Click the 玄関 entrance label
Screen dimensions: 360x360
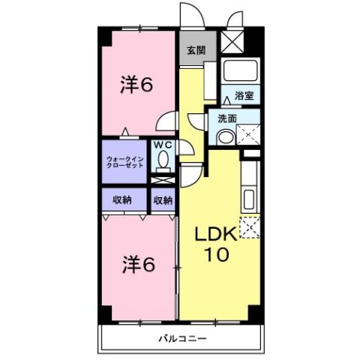pyautogui.click(x=195, y=51)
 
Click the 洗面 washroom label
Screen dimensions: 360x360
pyautogui.click(x=227, y=118)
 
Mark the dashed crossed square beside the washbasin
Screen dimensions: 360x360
pyautogui.click(x=247, y=136)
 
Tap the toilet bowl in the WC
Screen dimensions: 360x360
pyautogui.click(x=162, y=161)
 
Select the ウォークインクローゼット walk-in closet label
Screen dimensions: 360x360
pyautogui.click(x=124, y=161)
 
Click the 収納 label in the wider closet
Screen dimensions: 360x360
pyautogui.click(x=124, y=199)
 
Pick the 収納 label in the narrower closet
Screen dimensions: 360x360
pyautogui.click(x=163, y=199)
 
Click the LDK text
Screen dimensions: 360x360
pyautogui.click(x=216, y=235)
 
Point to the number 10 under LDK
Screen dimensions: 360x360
pyautogui.click(x=217, y=255)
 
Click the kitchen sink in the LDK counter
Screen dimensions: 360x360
pyautogui.click(x=249, y=200)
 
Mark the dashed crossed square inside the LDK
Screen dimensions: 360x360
pyautogui.click(x=249, y=226)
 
